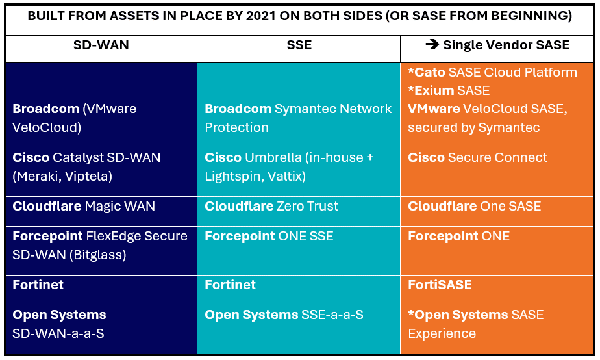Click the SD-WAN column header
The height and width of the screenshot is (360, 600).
(x=101, y=45)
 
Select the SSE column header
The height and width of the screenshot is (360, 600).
(x=299, y=45)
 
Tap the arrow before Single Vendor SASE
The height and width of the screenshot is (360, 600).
(x=432, y=45)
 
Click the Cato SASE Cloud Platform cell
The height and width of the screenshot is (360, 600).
(x=492, y=72)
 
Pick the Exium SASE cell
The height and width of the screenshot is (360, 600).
(x=448, y=90)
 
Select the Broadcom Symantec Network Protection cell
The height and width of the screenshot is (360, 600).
(x=298, y=118)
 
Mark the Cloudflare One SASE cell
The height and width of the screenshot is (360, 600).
(x=474, y=206)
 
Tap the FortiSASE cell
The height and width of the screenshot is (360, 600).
(x=440, y=285)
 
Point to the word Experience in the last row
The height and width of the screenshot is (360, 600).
(x=442, y=333)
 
